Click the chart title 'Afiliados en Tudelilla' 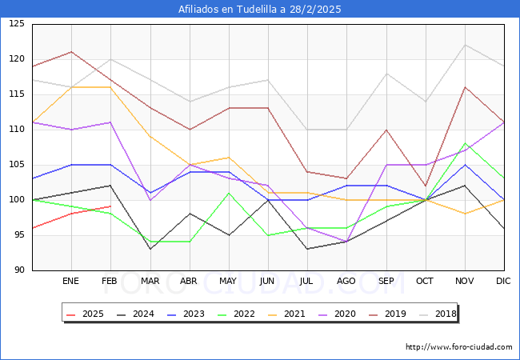click(259, 10)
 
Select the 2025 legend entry click(85, 314)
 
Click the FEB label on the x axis click(110, 282)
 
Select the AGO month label click(346, 282)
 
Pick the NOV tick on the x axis click(465, 282)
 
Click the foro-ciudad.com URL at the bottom click(458, 347)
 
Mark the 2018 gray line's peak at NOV click(465, 45)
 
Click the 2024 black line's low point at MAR click(150, 249)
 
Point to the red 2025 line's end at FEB click(110, 206)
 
